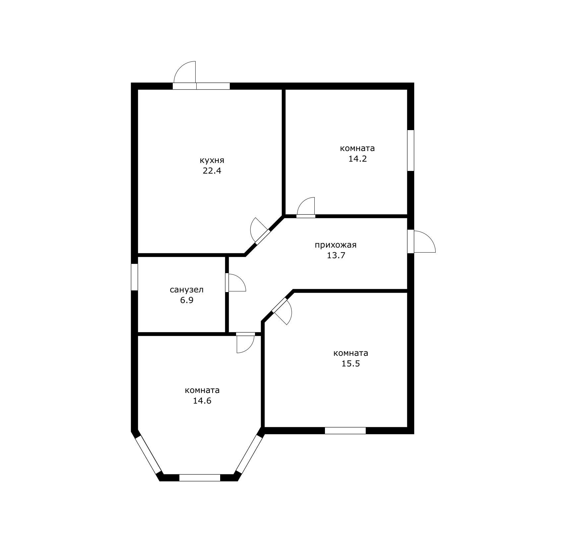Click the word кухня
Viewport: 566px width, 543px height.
[x=212, y=160]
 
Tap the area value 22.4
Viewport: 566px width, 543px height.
[x=212, y=171]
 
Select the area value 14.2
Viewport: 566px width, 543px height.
[x=357, y=159]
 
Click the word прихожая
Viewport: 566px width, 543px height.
[x=336, y=245]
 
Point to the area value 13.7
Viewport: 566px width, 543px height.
[x=336, y=256]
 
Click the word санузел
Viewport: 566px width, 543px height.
[x=187, y=290]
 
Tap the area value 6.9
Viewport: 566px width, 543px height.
[x=187, y=300]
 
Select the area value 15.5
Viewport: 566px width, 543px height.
[x=351, y=363]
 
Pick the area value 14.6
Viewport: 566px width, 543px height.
[x=202, y=401]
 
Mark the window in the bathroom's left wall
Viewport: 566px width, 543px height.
[x=134, y=277]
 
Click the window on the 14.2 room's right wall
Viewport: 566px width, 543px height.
[x=410, y=150]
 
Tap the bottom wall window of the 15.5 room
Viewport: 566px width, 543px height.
[x=345, y=431]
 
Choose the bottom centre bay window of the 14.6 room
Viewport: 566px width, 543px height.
[x=200, y=478]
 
